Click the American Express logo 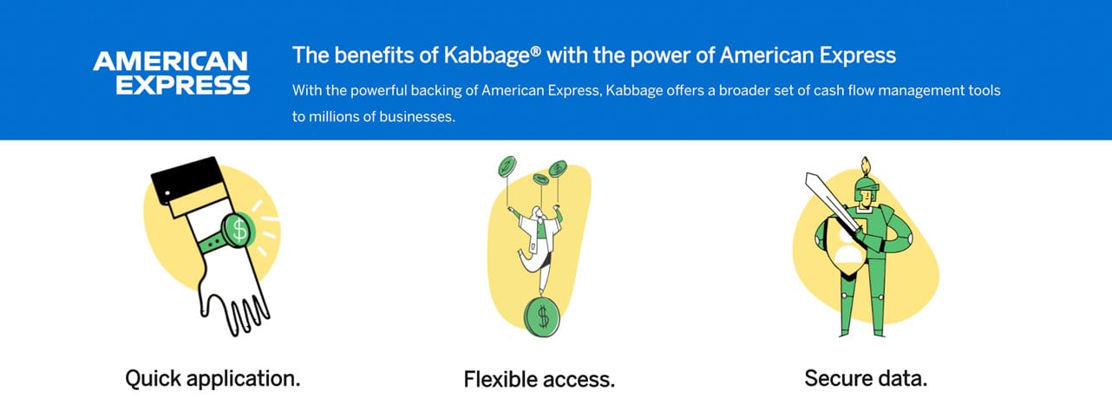click(x=171, y=73)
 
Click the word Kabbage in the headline click(x=487, y=56)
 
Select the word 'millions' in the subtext click(x=332, y=117)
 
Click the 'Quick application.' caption click(x=213, y=379)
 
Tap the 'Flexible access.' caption click(x=540, y=380)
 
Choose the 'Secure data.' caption click(x=866, y=378)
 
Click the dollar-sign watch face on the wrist click(x=239, y=230)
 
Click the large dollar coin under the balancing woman click(x=541, y=316)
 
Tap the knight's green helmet click(x=867, y=189)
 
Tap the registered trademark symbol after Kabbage click(x=535, y=50)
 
